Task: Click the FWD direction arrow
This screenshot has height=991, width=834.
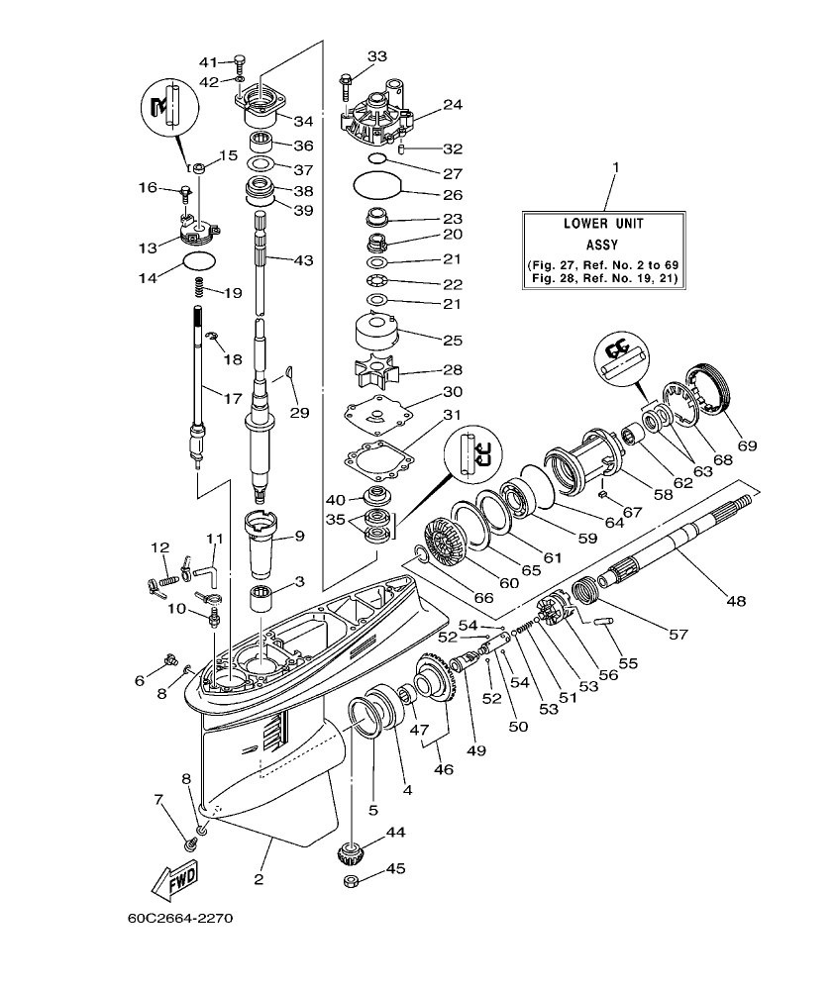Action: pos(172,879)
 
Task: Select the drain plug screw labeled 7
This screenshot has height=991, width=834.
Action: pos(188,842)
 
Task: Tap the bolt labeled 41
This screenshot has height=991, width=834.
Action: pos(240,62)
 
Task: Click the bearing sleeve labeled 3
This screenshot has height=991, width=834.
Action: pos(261,599)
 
